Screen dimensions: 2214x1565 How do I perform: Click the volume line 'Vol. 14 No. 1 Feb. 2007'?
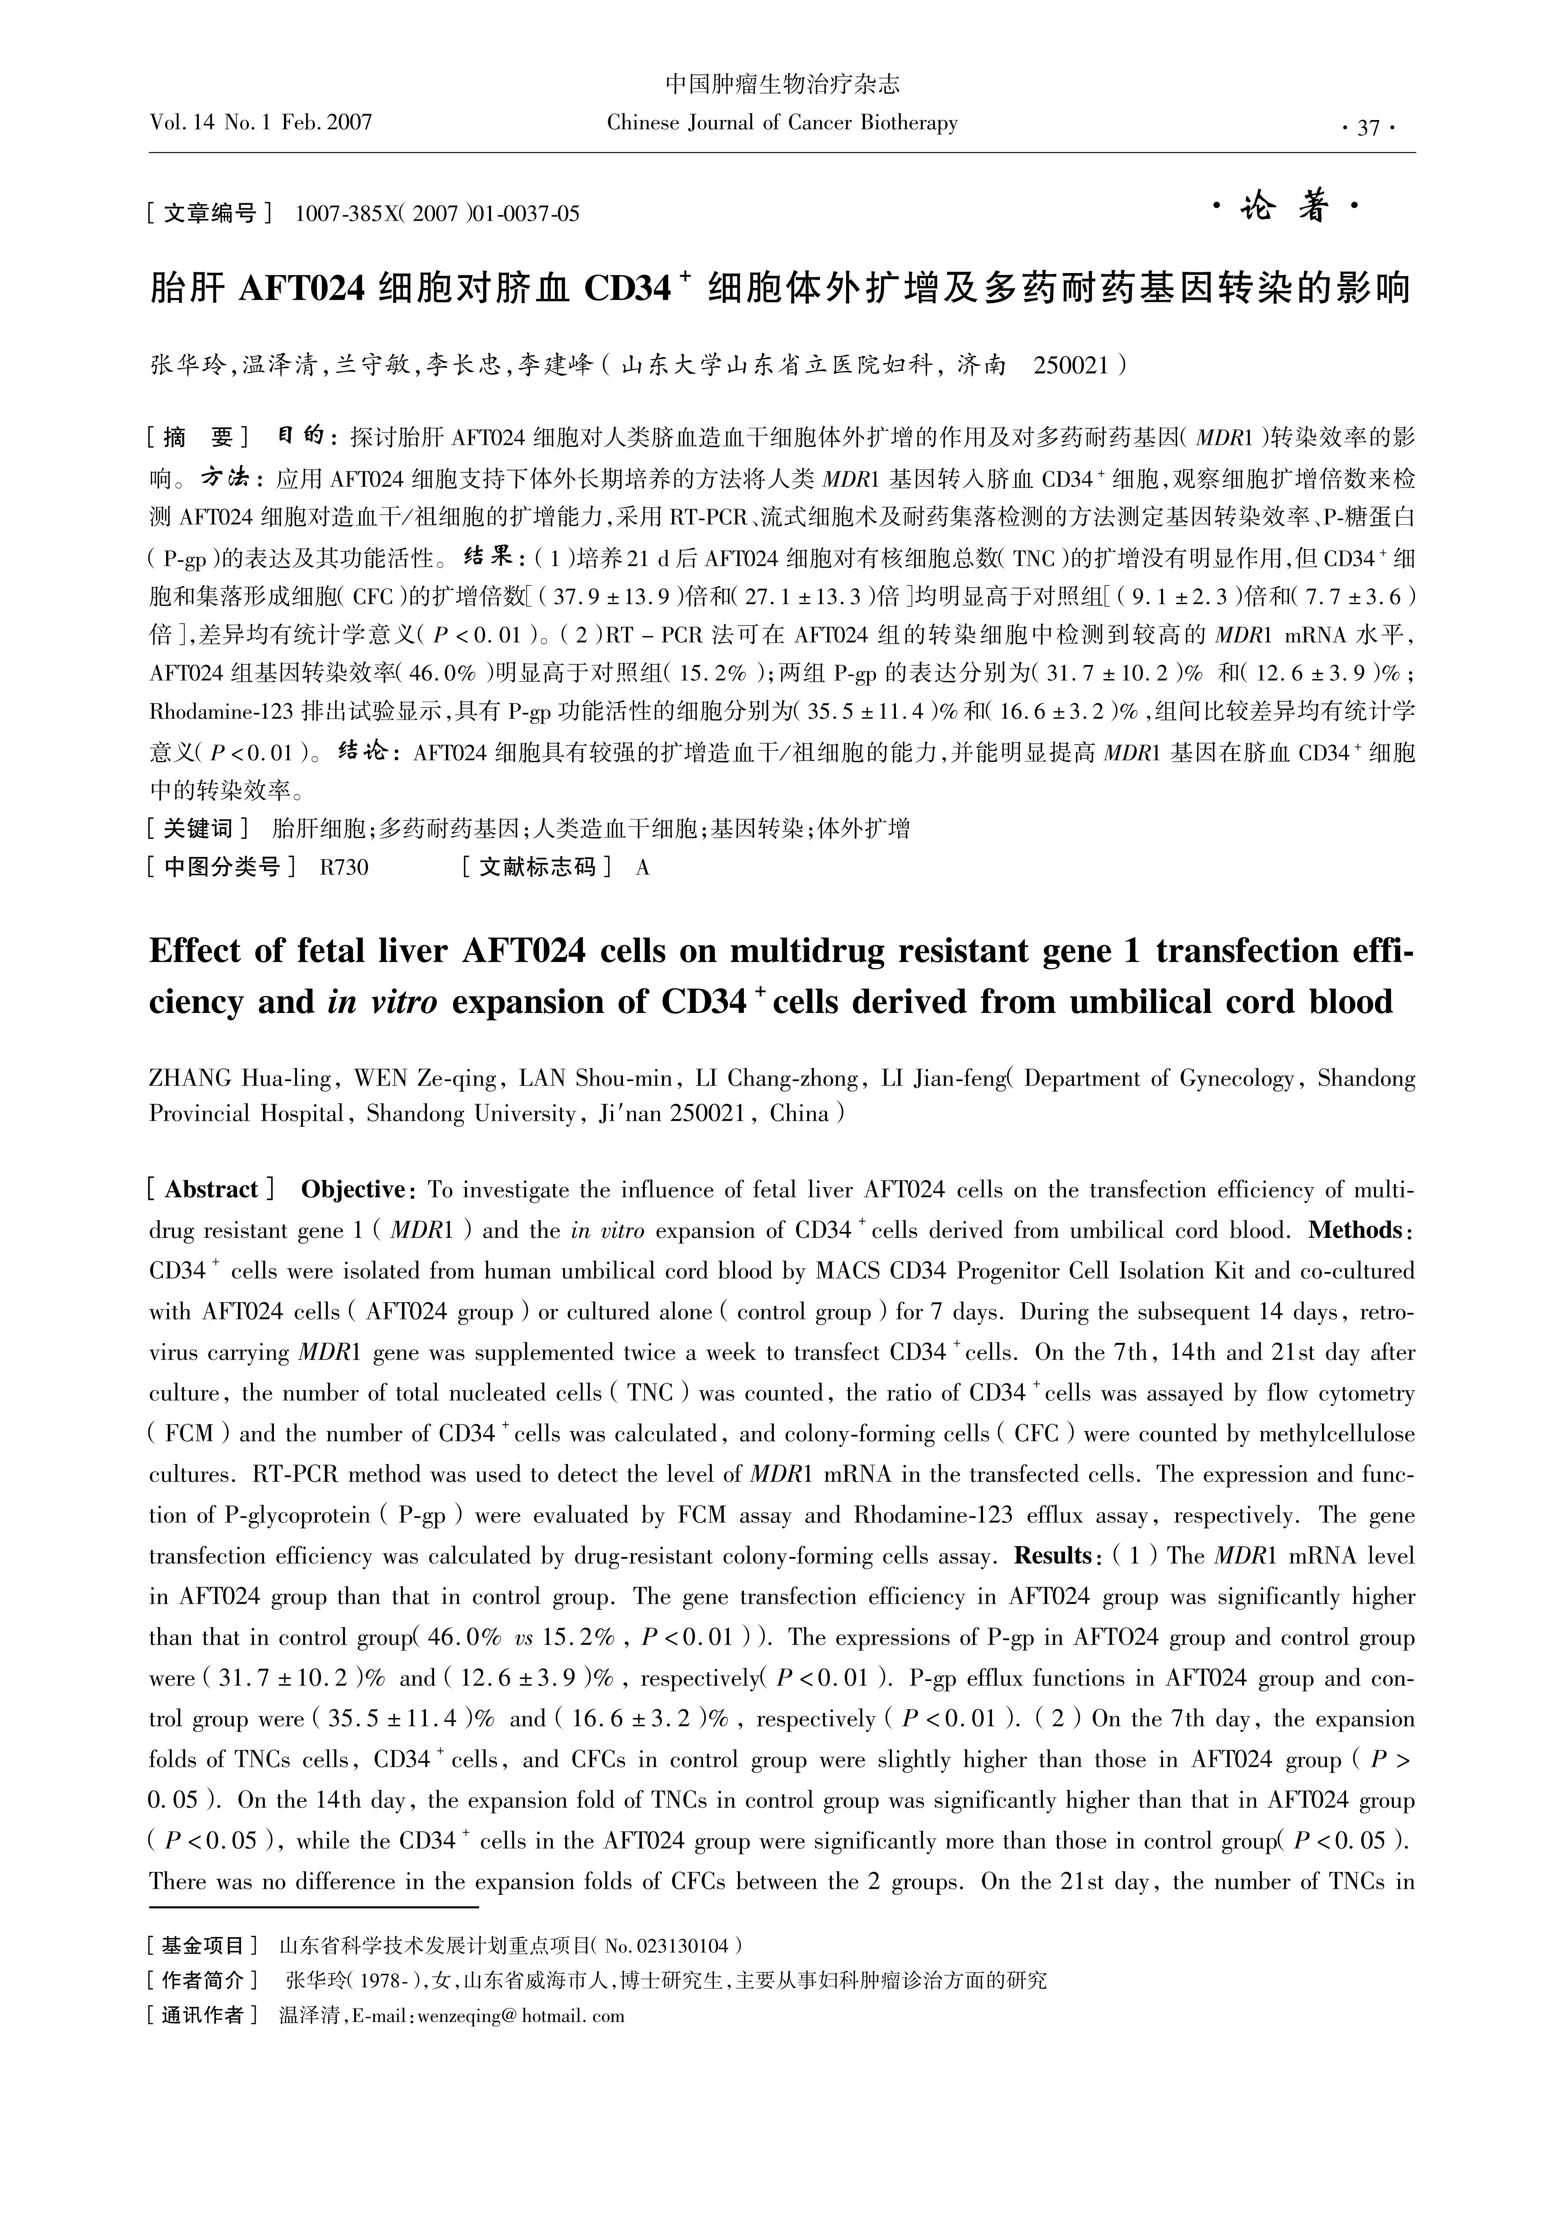(260, 123)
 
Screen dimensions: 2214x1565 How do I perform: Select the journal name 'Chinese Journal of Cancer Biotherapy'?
(782, 123)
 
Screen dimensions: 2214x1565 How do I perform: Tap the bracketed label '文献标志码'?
(536, 867)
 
